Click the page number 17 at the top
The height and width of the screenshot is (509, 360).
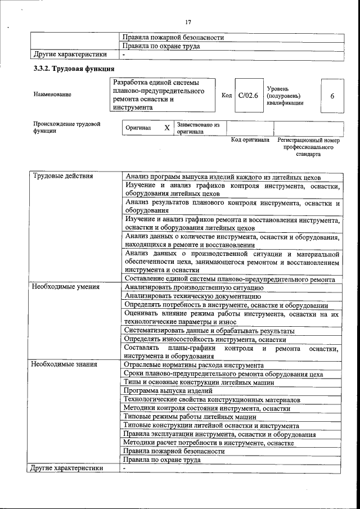[x=188, y=22]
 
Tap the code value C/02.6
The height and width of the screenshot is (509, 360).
[x=248, y=96]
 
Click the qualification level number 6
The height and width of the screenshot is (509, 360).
[x=332, y=96]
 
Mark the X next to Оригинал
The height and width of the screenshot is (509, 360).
[x=166, y=128]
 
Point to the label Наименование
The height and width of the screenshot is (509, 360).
[x=52, y=95]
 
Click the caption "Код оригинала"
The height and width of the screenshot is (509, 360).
[x=250, y=139]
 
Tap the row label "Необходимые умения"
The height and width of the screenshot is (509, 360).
[x=65, y=287]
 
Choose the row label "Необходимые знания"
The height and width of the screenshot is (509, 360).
[x=64, y=364]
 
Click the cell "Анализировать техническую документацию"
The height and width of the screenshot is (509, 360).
[x=193, y=295]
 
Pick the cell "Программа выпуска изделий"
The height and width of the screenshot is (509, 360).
[x=168, y=390]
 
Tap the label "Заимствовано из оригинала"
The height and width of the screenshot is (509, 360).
[x=198, y=128]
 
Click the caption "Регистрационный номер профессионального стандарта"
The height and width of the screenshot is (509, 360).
[x=308, y=147]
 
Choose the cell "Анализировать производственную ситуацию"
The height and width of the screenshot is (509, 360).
[x=194, y=287]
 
